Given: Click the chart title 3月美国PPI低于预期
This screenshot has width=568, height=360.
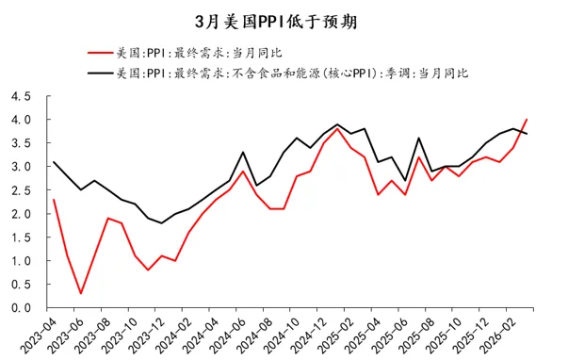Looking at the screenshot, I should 283,20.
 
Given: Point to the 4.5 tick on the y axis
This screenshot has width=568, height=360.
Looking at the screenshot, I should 21,96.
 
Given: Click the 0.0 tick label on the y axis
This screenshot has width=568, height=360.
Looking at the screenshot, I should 21,308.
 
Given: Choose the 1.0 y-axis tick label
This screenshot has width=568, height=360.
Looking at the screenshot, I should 21,261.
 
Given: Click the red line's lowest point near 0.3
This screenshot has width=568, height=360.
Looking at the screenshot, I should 81,293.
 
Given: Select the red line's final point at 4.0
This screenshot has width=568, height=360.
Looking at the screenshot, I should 527,120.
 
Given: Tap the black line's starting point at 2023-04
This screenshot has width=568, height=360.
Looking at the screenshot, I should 54,162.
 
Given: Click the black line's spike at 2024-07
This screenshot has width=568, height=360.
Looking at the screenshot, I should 243,153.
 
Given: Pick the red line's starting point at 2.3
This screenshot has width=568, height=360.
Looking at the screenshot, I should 54,200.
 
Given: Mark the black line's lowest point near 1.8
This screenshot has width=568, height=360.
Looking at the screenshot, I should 162,223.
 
